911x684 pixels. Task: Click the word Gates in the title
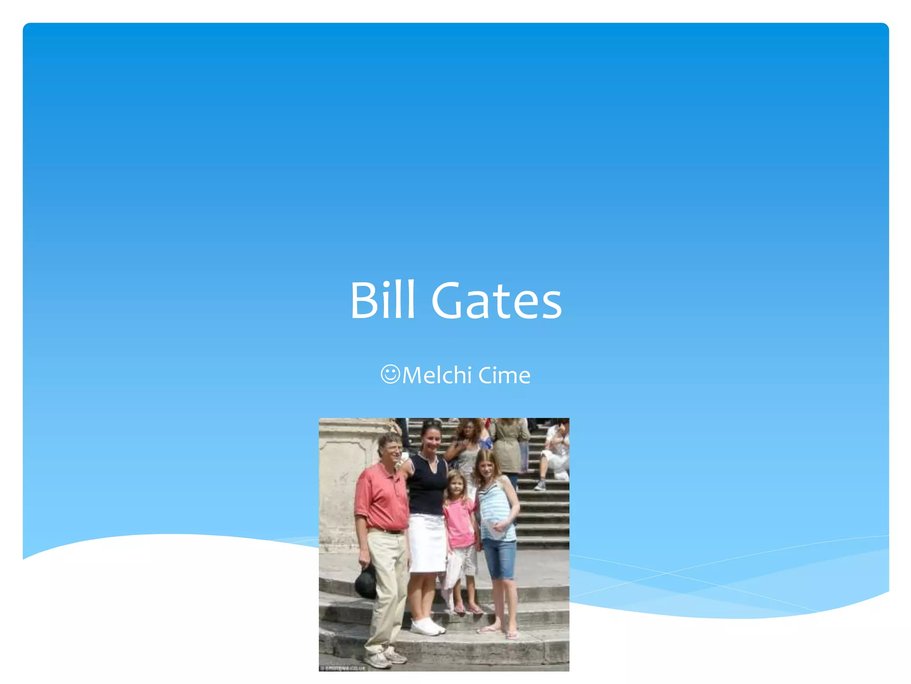(496, 301)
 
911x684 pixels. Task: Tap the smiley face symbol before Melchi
(391, 374)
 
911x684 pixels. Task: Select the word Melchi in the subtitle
(437, 375)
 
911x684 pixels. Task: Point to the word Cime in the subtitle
(504, 375)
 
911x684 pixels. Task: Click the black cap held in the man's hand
(366, 582)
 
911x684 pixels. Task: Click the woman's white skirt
(427, 543)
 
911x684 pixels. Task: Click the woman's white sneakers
(427, 627)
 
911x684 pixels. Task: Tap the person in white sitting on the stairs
(554, 454)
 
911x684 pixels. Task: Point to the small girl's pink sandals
(467, 609)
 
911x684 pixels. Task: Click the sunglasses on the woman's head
(431, 423)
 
